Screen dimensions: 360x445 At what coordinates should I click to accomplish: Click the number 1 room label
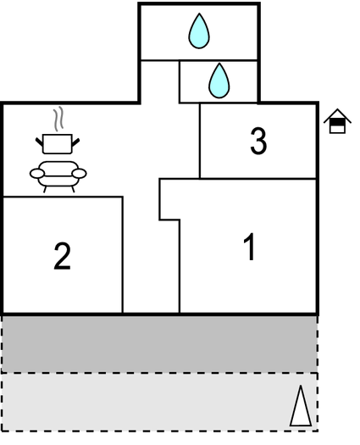250,247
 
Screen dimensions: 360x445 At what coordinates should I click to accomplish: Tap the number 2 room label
62,256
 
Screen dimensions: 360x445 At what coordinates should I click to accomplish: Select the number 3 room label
258,141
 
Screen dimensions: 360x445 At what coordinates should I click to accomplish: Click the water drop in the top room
199,31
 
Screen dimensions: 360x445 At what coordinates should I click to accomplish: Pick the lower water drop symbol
219,81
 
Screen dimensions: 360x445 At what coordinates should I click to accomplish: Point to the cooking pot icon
58,143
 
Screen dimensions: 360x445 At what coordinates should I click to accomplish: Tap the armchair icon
58,176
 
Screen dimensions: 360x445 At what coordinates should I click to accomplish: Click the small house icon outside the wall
337,121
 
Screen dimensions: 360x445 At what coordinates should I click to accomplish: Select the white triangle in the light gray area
301,406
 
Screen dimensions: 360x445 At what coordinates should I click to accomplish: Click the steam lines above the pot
58,120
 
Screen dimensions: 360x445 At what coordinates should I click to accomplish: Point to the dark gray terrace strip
159,344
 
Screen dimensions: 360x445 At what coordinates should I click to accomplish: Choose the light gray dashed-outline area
159,402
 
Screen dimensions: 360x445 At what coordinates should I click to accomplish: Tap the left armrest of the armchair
37,174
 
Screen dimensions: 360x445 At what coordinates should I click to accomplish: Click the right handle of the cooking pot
75,142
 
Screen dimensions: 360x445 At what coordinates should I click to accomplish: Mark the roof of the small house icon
337,116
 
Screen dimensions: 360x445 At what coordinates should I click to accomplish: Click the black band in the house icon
337,122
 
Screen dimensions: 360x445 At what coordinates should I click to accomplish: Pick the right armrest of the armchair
79,174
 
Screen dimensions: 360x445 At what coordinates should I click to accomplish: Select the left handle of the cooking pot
39,142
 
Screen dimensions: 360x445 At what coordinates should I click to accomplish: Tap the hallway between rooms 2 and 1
152,255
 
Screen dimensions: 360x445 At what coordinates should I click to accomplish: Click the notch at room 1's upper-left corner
169,199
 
